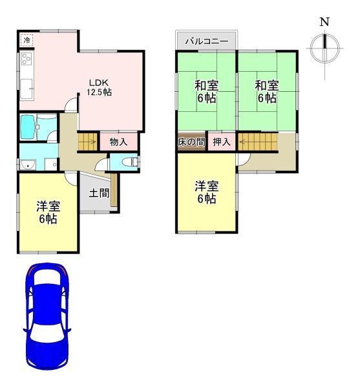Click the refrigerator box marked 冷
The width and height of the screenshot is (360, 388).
point(26,41)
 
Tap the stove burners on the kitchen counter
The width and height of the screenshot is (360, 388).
point(26,60)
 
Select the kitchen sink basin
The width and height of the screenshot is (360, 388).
point(26,85)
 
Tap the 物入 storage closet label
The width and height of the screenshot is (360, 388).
point(118,142)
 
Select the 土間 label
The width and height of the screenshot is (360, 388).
point(98,192)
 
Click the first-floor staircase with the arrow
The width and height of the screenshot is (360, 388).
point(87,142)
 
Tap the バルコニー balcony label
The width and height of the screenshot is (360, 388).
point(206,41)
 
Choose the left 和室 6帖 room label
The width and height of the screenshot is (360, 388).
point(206,91)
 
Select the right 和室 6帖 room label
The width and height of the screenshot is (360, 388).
point(266,91)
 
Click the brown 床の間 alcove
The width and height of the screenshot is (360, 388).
point(191,142)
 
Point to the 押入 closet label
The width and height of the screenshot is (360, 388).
point(222,142)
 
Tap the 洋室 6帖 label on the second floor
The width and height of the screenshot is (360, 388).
point(206,192)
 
